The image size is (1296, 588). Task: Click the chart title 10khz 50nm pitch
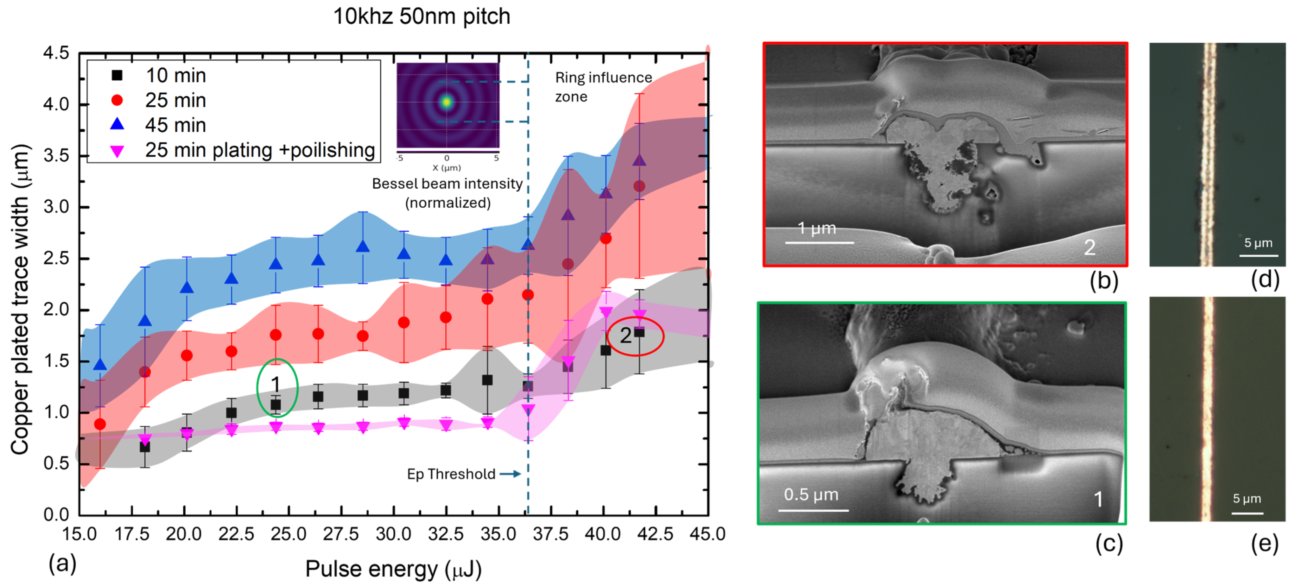[x=422, y=16]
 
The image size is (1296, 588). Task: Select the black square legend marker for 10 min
[x=117, y=75]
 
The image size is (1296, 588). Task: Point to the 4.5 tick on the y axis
[x=56, y=53]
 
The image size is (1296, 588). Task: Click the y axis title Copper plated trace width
[x=20, y=300]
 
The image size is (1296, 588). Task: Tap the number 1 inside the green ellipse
[x=275, y=384]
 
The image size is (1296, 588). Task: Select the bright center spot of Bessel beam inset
[x=446, y=102]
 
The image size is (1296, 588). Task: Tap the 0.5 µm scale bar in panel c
[x=813, y=510]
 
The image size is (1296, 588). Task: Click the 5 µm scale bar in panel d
[x=1258, y=256]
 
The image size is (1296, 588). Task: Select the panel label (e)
[x=1264, y=544]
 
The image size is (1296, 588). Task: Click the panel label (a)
[x=62, y=563]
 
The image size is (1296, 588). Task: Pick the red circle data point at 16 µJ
[x=100, y=424]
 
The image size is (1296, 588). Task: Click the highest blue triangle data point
[x=639, y=160]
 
